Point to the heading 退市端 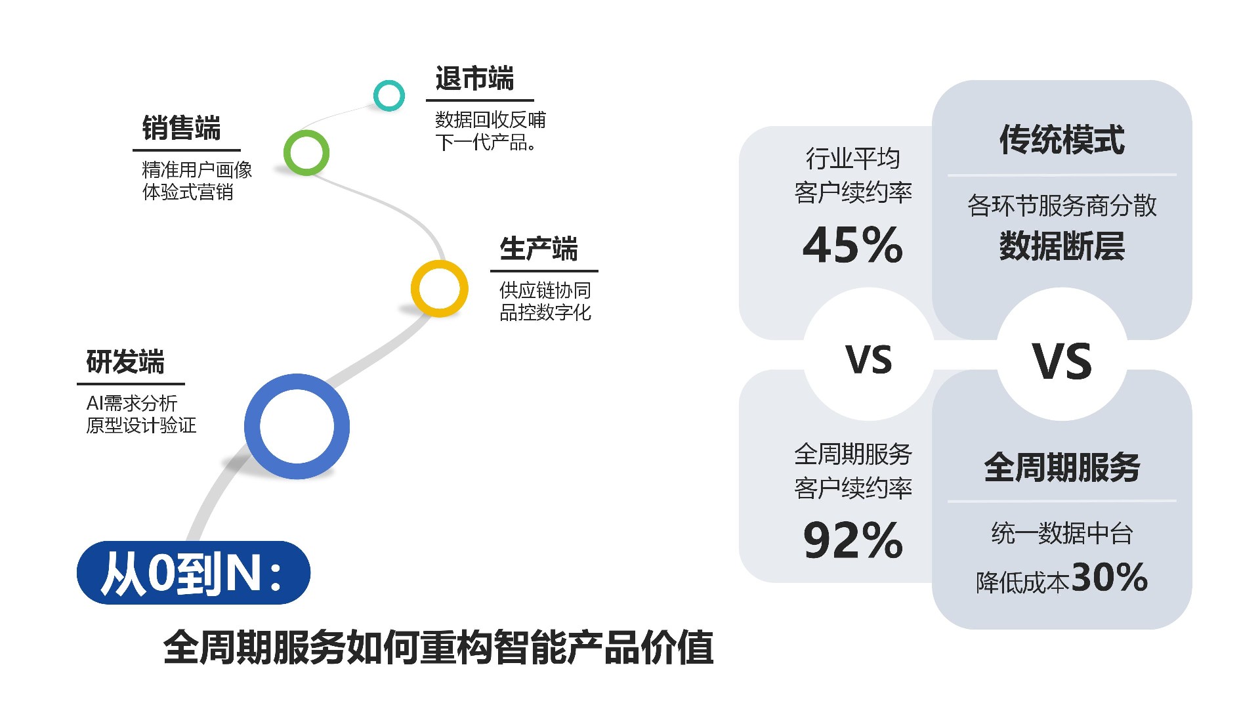474,79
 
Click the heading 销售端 181,128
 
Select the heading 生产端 539,249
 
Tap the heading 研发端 125,362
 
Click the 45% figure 852,245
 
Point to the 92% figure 852,540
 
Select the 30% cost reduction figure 1109,577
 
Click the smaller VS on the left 869,360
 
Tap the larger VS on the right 1062,361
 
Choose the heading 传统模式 1062,140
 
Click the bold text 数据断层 1062,246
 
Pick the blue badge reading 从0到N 194,573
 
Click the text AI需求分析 132,403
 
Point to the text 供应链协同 545,290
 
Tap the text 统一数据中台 1062,533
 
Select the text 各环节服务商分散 1062,205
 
